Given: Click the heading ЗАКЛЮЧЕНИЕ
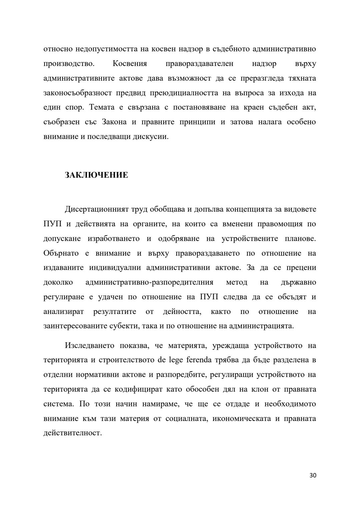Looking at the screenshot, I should pos(96,175).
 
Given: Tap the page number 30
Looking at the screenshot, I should pos(313,475).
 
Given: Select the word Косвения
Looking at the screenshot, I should pos(130,64).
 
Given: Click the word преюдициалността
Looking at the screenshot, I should pos(186,93).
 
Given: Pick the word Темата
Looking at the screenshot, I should pos(101,107).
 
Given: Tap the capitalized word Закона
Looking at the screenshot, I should pos(112,122).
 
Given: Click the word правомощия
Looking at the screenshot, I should pos(280,224).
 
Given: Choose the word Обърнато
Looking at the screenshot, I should pos(61,253).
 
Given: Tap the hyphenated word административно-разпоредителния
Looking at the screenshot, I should pos(149,282).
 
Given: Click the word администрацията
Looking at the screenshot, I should pos(261,326).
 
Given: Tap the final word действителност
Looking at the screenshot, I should pos(72,433).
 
